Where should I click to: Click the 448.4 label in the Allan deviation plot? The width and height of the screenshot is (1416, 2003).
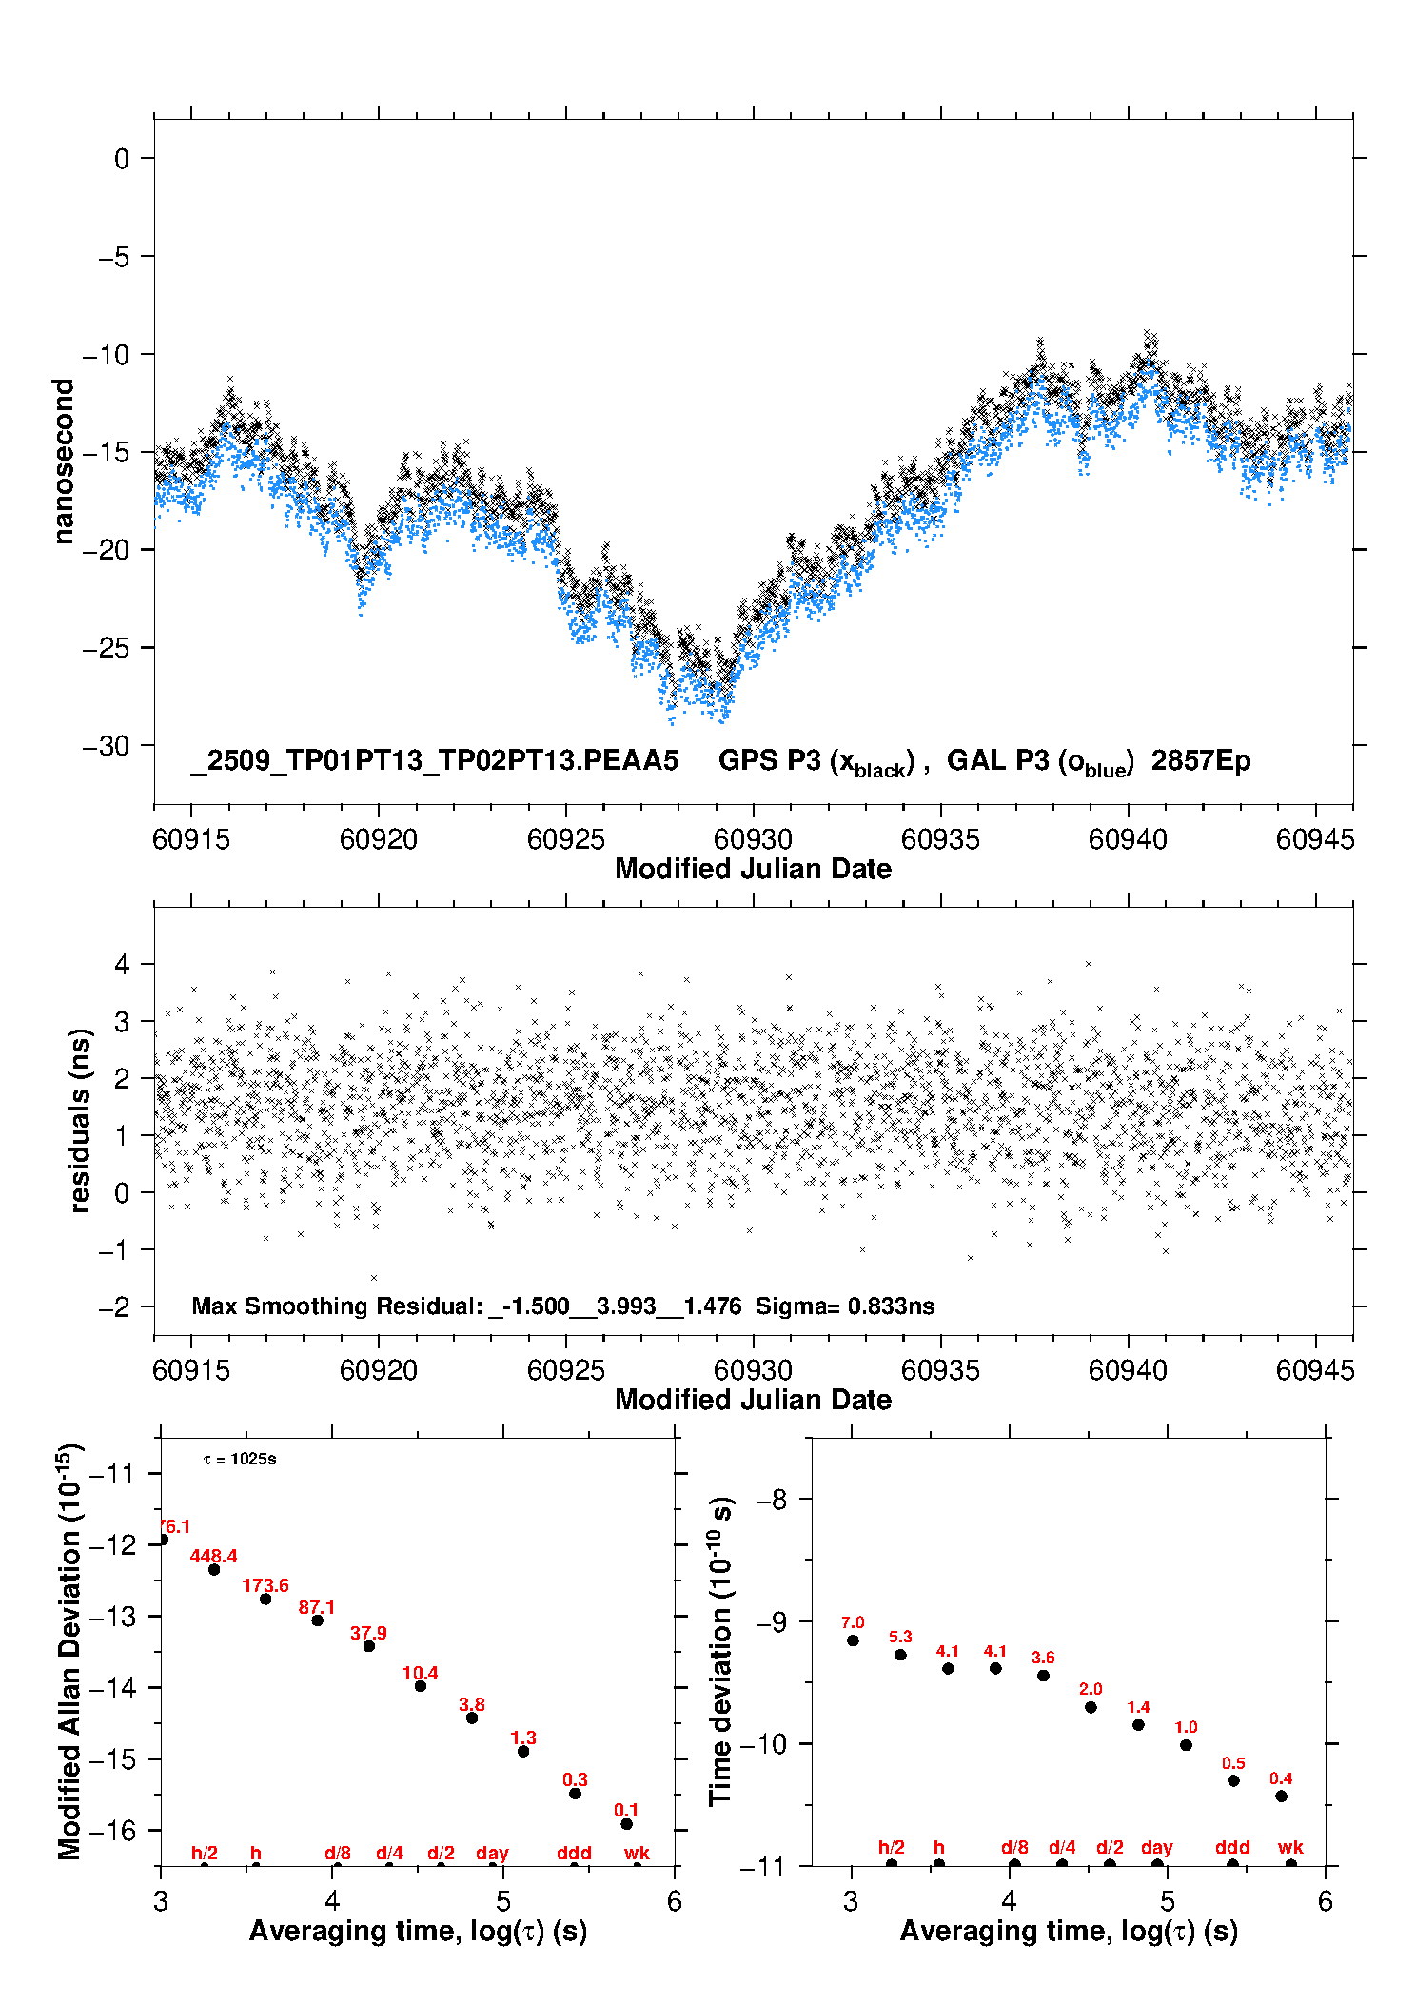[x=213, y=1556]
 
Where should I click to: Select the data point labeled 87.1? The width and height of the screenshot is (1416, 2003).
[x=318, y=1620]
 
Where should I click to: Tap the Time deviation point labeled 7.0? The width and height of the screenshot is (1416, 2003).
[x=853, y=1640]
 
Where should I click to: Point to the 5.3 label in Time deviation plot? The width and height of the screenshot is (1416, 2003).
[x=900, y=1637]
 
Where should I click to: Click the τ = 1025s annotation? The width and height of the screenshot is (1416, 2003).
[x=240, y=1460]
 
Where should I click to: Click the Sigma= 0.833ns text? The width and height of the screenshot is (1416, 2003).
[x=845, y=1306]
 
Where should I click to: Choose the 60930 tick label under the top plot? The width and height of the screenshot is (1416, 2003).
[x=753, y=839]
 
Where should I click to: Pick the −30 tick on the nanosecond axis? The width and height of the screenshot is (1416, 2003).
[x=106, y=746]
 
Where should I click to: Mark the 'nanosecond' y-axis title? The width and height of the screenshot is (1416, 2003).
[x=64, y=461]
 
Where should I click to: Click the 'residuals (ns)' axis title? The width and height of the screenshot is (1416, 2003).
[x=80, y=1120]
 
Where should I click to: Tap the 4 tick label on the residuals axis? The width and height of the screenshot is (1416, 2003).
[x=122, y=964]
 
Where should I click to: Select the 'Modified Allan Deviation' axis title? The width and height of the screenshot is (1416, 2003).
[x=69, y=1651]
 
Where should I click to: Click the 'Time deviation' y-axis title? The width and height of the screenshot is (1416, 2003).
[x=720, y=1651]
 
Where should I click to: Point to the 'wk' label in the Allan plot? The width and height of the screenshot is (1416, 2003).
[x=637, y=1853]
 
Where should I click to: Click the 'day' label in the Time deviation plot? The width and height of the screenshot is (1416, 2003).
[x=1157, y=1847]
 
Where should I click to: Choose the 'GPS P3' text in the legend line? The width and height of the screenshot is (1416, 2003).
[x=769, y=761]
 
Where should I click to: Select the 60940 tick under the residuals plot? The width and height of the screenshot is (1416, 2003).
[x=1128, y=1370]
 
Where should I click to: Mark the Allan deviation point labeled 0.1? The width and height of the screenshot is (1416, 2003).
[x=626, y=1824]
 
